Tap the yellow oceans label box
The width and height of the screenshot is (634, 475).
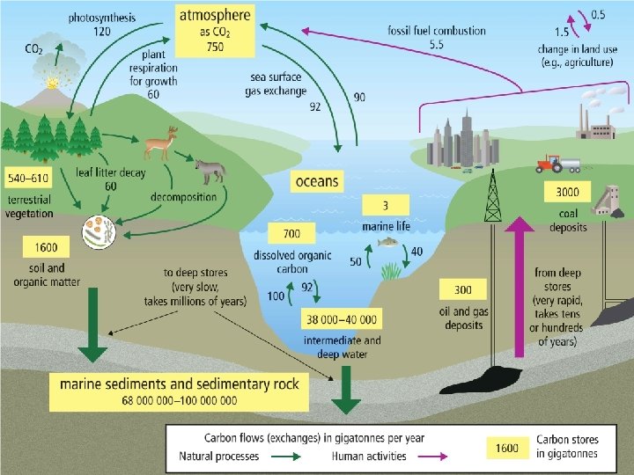(316, 181)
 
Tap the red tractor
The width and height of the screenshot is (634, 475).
(550, 164)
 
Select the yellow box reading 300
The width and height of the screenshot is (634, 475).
(462, 289)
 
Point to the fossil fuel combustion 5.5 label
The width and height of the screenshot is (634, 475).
(436, 37)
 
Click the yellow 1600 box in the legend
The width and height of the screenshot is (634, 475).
(506, 448)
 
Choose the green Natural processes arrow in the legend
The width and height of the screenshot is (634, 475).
(284, 456)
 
